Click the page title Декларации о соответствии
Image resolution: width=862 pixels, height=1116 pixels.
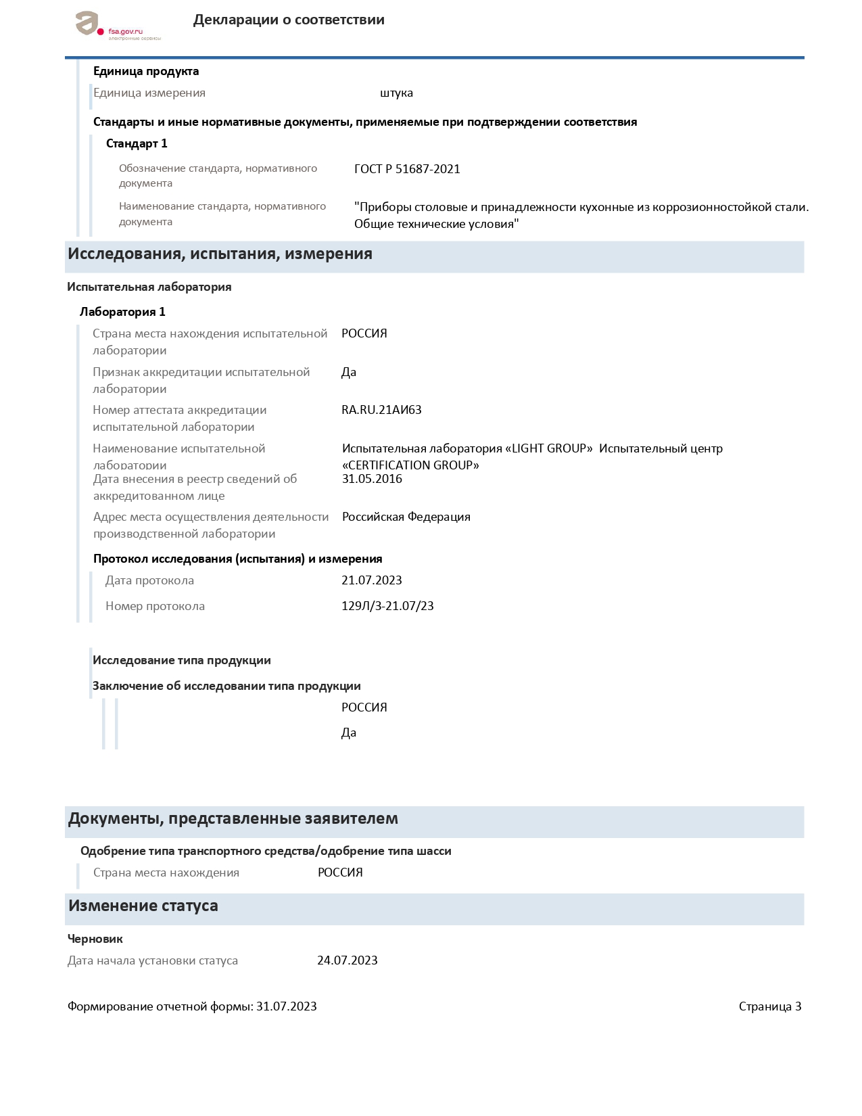[x=289, y=20]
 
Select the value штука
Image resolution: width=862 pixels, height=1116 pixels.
[x=396, y=93]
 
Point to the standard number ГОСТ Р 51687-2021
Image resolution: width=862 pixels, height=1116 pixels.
[x=407, y=169]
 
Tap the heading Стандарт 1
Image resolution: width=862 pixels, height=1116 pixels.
[x=137, y=143]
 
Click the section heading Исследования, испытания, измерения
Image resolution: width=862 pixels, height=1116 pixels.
[x=220, y=254]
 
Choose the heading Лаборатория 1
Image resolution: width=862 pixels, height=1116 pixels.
[x=122, y=312]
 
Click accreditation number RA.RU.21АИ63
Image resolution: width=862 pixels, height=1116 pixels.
[x=381, y=410]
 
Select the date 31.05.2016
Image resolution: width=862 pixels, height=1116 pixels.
[x=372, y=479]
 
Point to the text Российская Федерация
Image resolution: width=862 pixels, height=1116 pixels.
[x=406, y=517]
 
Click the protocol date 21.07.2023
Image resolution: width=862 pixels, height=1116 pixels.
[x=371, y=580]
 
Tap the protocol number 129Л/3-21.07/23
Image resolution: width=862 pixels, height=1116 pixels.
[x=387, y=606]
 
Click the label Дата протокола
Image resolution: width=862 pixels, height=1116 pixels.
[x=149, y=580]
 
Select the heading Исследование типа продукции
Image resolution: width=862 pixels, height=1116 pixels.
[x=181, y=660]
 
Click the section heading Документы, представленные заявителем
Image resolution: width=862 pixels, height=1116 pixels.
[x=233, y=819]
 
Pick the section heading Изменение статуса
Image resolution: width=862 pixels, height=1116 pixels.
[x=143, y=906]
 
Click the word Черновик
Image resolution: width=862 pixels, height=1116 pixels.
[x=95, y=939]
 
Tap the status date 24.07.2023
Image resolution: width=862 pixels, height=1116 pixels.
[x=347, y=960]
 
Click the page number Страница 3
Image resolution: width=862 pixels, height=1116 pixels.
[x=769, y=1006]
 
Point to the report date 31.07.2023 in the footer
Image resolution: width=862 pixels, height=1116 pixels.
[x=286, y=1006]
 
